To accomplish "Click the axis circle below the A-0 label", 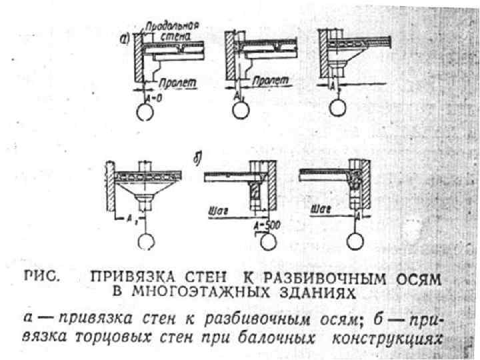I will coord(147,113).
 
